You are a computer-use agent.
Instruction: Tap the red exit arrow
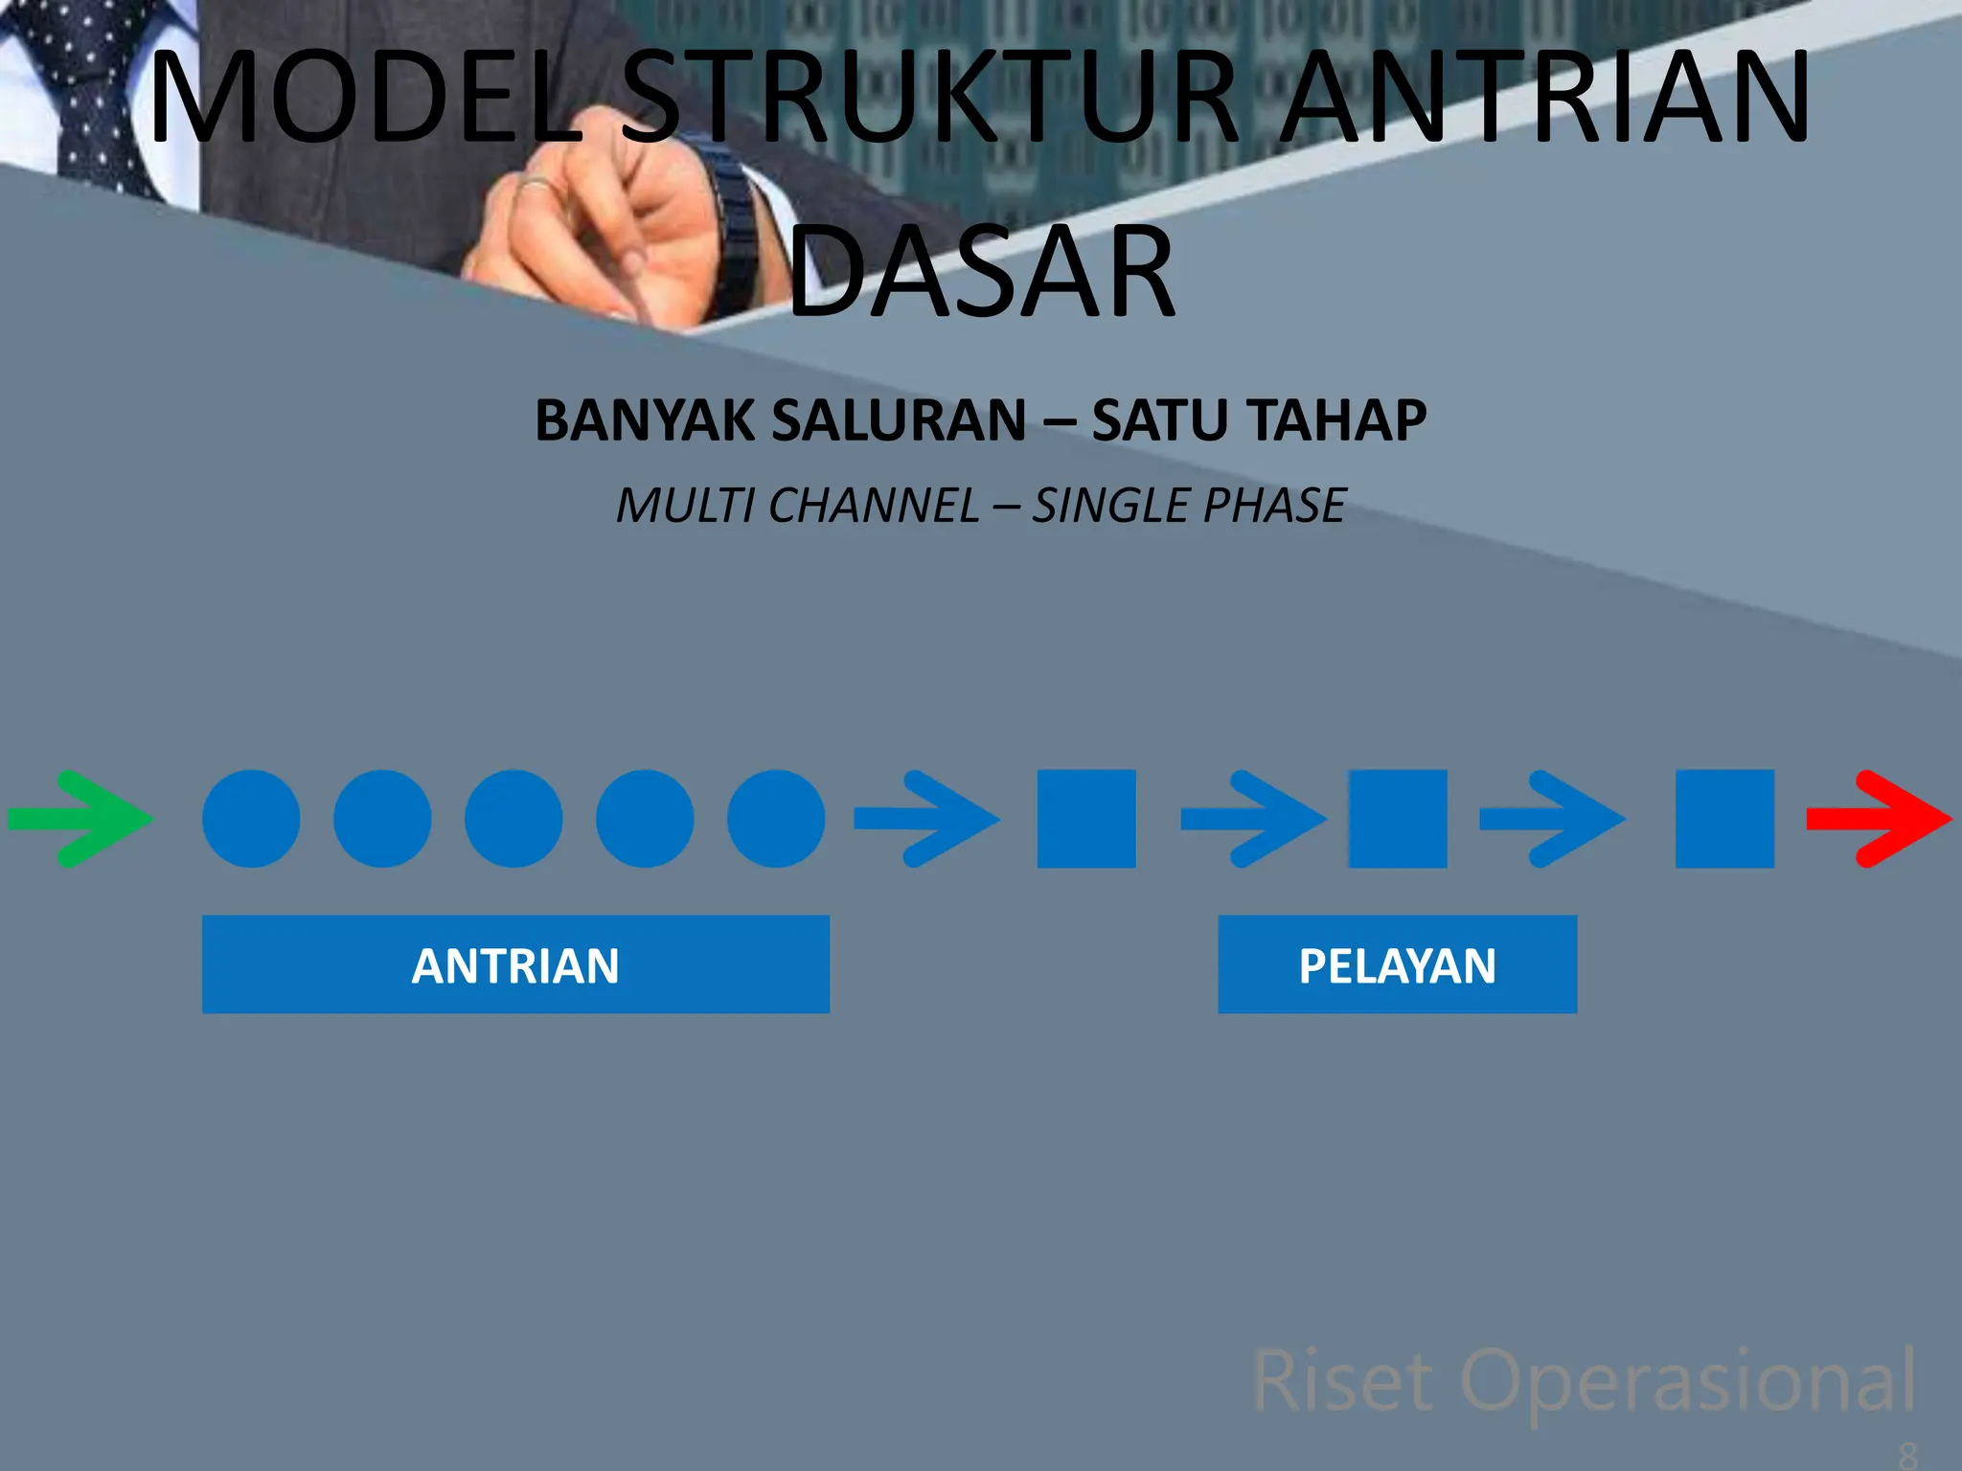(x=1878, y=819)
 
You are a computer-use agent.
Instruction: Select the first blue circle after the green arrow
(x=251, y=819)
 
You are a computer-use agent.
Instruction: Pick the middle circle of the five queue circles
(x=513, y=819)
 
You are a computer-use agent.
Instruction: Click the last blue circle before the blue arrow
(x=776, y=819)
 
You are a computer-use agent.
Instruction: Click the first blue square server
(x=1086, y=819)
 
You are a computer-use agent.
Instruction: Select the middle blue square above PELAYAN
(x=1398, y=819)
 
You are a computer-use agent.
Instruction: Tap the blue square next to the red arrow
(x=1724, y=819)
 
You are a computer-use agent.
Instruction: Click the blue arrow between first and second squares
(x=1253, y=819)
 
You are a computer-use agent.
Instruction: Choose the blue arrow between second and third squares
(x=1552, y=819)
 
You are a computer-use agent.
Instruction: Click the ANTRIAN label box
(x=515, y=964)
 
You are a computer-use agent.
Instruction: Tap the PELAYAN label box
(x=1397, y=964)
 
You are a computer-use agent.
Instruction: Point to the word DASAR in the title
(x=982, y=273)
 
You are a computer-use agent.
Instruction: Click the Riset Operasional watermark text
(x=1584, y=1380)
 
